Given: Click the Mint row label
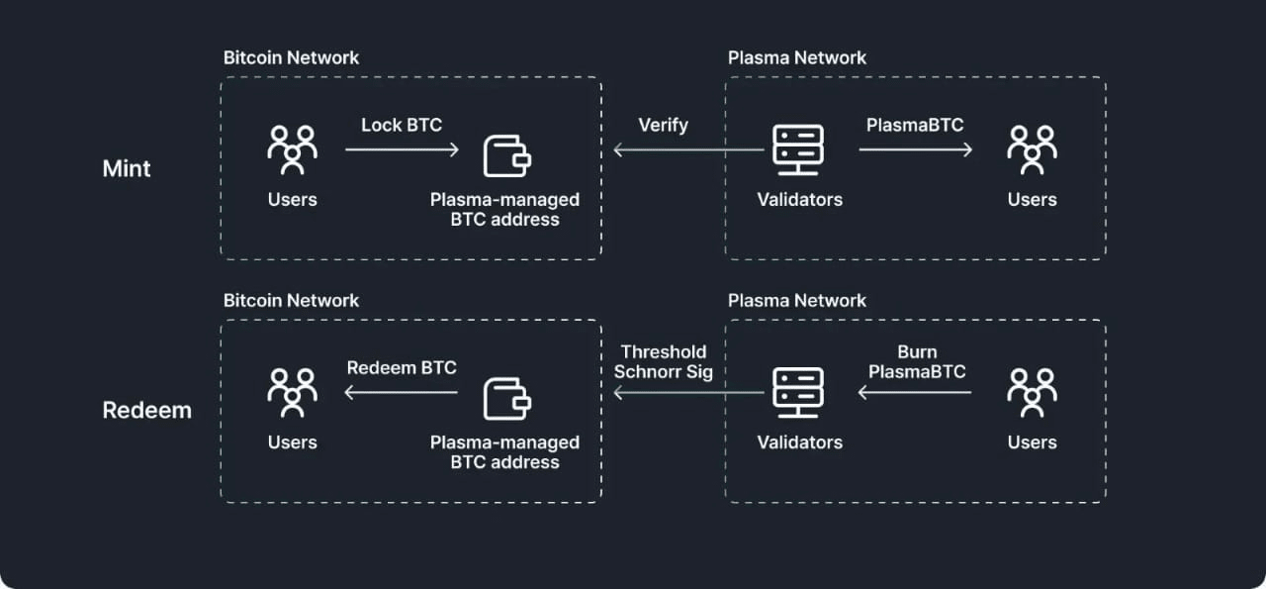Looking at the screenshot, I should pyautogui.click(x=127, y=169).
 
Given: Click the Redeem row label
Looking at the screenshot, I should pyautogui.click(x=146, y=411).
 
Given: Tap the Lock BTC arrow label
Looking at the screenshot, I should pyautogui.click(x=402, y=125).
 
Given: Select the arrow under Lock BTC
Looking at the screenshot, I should pyautogui.click(x=402, y=149).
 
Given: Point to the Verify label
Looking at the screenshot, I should pyautogui.click(x=663, y=125).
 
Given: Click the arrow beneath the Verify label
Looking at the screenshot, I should pyautogui.click(x=688, y=149).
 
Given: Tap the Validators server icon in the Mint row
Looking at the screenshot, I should pyautogui.click(x=799, y=149).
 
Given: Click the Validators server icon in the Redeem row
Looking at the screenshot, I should pyautogui.click(x=799, y=392).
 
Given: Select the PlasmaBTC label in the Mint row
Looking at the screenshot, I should pyautogui.click(x=915, y=125).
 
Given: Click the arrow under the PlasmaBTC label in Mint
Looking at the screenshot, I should pyautogui.click(x=915, y=149).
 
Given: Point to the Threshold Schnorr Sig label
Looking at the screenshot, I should pyautogui.click(x=663, y=361).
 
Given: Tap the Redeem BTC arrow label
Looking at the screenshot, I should pyautogui.click(x=402, y=368).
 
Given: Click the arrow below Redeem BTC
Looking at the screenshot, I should pyautogui.click(x=402, y=393).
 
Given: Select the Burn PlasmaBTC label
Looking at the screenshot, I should pyautogui.click(x=917, y=361).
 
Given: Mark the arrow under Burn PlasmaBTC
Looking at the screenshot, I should pyautogui.click(x=915, y=393).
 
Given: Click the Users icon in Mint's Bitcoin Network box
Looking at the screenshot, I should pyautogui.click(x=293, y=149).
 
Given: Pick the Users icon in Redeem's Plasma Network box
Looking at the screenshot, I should pyautogui.click(x=1032, y=392).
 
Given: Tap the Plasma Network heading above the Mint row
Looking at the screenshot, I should pyautogui.click(x=797, y=57).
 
